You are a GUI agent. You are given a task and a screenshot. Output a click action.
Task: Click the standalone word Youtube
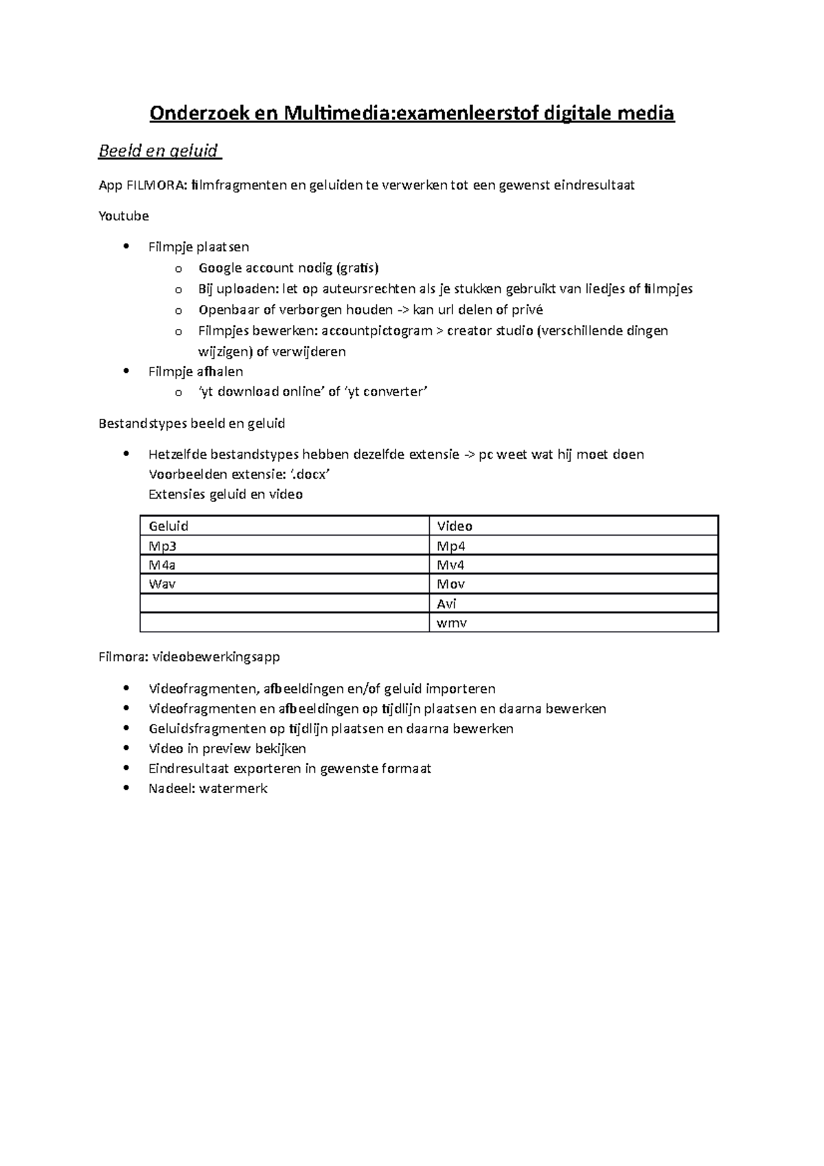pyautogui.click(x=124, y=216)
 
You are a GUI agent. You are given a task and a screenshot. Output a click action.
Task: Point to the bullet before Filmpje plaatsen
pyautogui.click(x=124, y=247)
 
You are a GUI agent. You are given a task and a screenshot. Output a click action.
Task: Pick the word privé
pyautogui.click(x=527, y=310)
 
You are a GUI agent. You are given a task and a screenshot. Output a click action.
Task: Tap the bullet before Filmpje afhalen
pyautogui.click(x=124, y=371)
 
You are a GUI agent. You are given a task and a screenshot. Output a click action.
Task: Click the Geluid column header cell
pyautogui.click(x=284, y=526)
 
